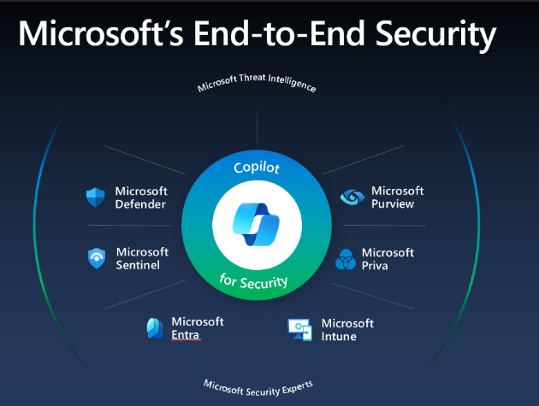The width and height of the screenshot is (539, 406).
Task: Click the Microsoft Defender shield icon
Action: [95, 197]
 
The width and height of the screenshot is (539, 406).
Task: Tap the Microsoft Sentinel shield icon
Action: [97, 258]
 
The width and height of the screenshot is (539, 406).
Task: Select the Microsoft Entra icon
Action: [155, 328]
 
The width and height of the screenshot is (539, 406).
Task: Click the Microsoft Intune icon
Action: [299, 329]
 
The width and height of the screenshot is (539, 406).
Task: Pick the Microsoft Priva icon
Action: [346, 259]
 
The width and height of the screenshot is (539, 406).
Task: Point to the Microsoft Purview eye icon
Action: [352, 197]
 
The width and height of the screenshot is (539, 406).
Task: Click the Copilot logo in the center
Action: [256, 225]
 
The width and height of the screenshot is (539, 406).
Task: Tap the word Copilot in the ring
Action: [257, 168]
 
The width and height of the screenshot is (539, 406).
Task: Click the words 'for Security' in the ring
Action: [254, 281]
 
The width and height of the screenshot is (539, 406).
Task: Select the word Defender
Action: [140, 204]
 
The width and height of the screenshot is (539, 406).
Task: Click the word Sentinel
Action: [138, 265]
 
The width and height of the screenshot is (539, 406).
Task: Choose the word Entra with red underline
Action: [186, 334]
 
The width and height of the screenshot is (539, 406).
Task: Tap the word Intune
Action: [339, 336]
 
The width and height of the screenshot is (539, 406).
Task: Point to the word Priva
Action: [375, 266]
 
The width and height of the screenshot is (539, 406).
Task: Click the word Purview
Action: [393, 203]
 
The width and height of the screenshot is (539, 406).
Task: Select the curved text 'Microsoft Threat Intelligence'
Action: [257, 81]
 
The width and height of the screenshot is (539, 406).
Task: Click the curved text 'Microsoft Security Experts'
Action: [258, 389]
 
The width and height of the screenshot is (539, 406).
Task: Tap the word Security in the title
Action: [435, 35]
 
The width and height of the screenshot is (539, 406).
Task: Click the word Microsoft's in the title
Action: [101, 33]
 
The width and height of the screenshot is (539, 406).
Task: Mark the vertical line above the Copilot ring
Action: [258, 128]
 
